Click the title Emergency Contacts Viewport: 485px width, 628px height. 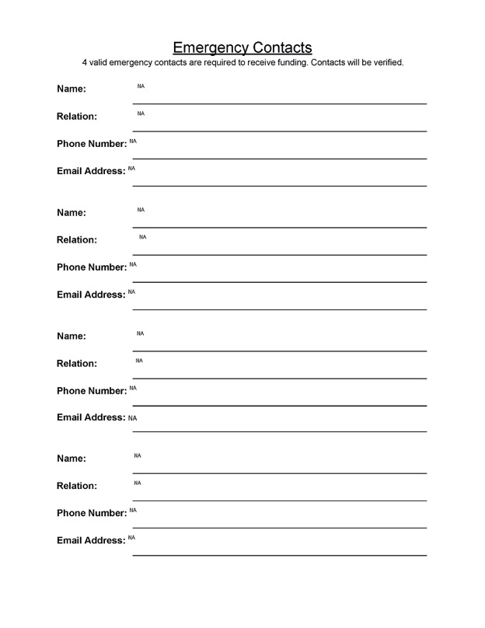[242, 47]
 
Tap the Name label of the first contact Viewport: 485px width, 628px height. [71, 89]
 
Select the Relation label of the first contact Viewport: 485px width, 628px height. [77, 117]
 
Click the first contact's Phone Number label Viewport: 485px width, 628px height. [92, 144]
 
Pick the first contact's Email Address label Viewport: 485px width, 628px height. [91, 171]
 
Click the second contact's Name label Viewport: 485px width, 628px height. [71, 212]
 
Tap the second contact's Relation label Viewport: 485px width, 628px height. [77, 240]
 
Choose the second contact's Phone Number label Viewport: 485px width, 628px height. [92, 267]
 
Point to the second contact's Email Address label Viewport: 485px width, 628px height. [91, 295]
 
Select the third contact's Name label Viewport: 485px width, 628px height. [71, 336]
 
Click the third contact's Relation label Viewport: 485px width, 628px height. [77, 363]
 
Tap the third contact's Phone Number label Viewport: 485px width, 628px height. [92, 390]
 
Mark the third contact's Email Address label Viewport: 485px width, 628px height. [91, 417]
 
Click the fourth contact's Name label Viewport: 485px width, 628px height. [71, 459]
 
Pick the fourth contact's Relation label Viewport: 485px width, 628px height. [77, 486]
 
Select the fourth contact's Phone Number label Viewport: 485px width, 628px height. [92, 513]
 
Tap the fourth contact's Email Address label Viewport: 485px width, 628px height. [91, 540]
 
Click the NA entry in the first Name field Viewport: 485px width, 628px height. [141, 86]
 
